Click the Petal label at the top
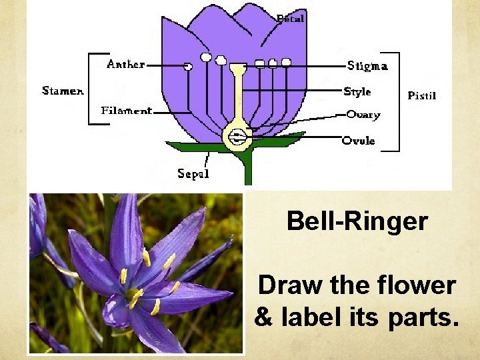click(290, 19)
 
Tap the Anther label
click(125, 64)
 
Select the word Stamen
click(63, 91)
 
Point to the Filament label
click(127, 111)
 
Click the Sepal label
click(193, 174)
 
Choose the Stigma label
click(367, 65)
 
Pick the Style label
click(357, 91)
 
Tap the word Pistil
click(421, 95)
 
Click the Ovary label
click(363, 115)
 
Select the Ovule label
click(359, 141)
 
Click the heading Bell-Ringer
click(357, 221)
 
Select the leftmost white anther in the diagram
click(188, 67)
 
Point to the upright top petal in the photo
click(126, 227)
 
